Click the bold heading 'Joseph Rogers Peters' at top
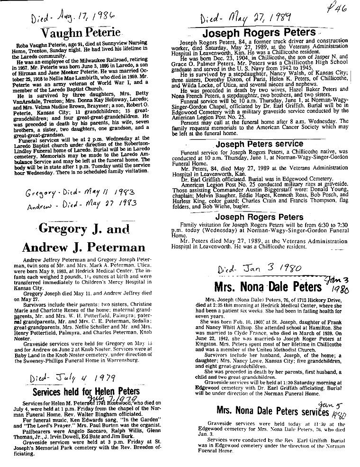(259, 33)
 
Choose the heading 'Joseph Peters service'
(259, 144)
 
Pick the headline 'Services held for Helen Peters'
(86, 392)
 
